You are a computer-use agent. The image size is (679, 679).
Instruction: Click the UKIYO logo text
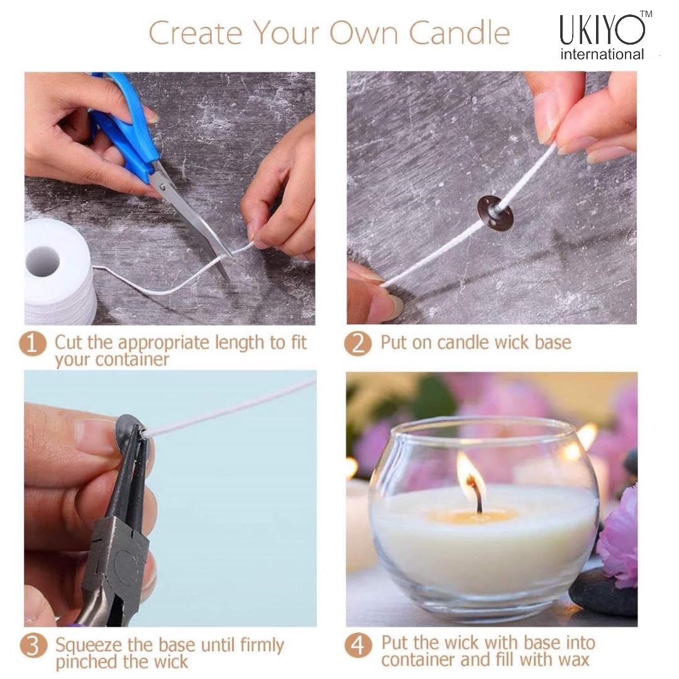pyautogui.click(x=602, y=30)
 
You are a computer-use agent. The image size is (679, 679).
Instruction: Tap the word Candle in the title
pyautogui.click(x=460, y=33)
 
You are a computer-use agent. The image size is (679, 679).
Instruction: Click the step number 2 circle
pyautogui.click(x=358, y=344)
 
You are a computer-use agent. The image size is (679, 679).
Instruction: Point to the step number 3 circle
pyautogui.click(x=33, y=646)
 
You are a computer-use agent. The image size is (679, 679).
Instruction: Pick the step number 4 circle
pyautogui.click(x=358, y=645)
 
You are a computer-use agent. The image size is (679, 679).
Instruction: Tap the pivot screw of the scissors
pyautogui.click(x=162, y=187)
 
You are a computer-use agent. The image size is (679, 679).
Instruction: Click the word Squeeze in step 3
pyautogui.click(x=89, y=646)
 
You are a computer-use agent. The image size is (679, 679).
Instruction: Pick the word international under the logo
pyautogui.click(x=602, y=54)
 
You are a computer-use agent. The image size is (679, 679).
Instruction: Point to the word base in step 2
pyautogui.click(x=553, y=343)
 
